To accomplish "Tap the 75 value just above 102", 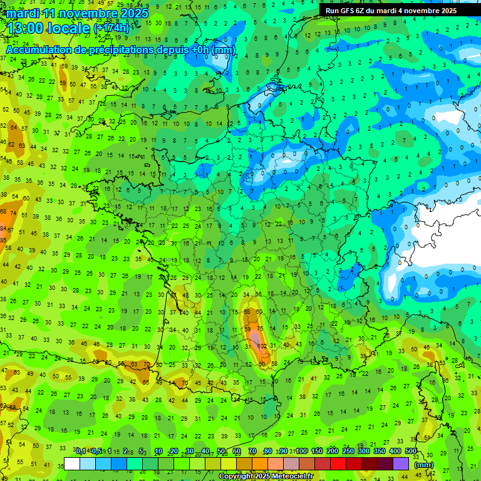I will [x=260, y=336].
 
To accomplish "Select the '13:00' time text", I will [x=28, y=28].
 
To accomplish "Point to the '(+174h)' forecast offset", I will [x=111, y=28].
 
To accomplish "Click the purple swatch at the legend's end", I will [x=401, y=463].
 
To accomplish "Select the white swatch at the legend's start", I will [x=72, y=463].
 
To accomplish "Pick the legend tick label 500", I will [x=411, y=451].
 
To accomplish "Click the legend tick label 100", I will [x=301, y=451].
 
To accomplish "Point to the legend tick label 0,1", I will [x=81, y=451].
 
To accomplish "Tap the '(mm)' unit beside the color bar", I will [x=424, y=465].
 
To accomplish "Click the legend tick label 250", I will [x=348, y=451].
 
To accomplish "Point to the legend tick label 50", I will [x=221, y=451].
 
